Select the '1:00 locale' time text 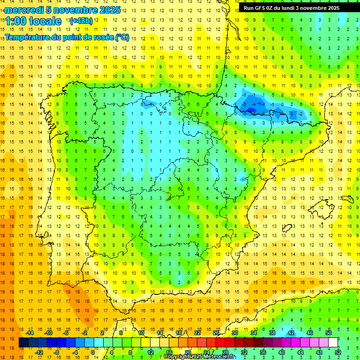coord(34,21)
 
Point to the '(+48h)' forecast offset coord(81,21)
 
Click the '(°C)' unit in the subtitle coord(122,37)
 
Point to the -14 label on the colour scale coord(30,333)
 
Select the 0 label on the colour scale coord(93,352)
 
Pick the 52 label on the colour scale coord(337,352)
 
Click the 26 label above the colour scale coord(216,333)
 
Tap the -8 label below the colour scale coord(57,352)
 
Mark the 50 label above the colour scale coord(328,333)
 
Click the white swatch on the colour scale coord(333,343)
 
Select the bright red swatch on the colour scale coord(220,343)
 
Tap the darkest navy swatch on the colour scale coord(23,343)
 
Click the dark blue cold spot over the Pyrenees coord(251,109)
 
